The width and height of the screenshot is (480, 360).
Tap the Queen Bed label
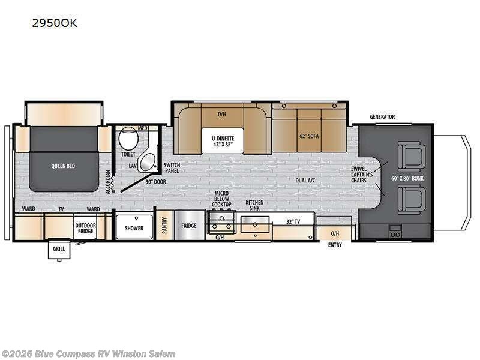point(63,166)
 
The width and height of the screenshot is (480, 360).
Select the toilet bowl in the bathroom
point(127,140)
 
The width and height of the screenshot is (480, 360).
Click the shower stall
point(134,227)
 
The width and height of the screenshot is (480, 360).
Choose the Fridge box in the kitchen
point(190,226)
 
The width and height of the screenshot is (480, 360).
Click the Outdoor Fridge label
point(85,228)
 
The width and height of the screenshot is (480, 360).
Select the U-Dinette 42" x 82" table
point(222,142)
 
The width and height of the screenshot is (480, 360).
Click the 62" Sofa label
point(310,136)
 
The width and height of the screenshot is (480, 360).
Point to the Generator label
point(382,117)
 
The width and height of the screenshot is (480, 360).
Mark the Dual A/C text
point(306,179)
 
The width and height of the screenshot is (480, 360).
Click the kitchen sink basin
point(255,226)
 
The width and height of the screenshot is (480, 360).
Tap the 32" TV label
point(293,222)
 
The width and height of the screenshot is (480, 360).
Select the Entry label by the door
point(335,245)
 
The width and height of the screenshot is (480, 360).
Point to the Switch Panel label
point(172,167)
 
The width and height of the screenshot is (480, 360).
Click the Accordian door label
point(108,181)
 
